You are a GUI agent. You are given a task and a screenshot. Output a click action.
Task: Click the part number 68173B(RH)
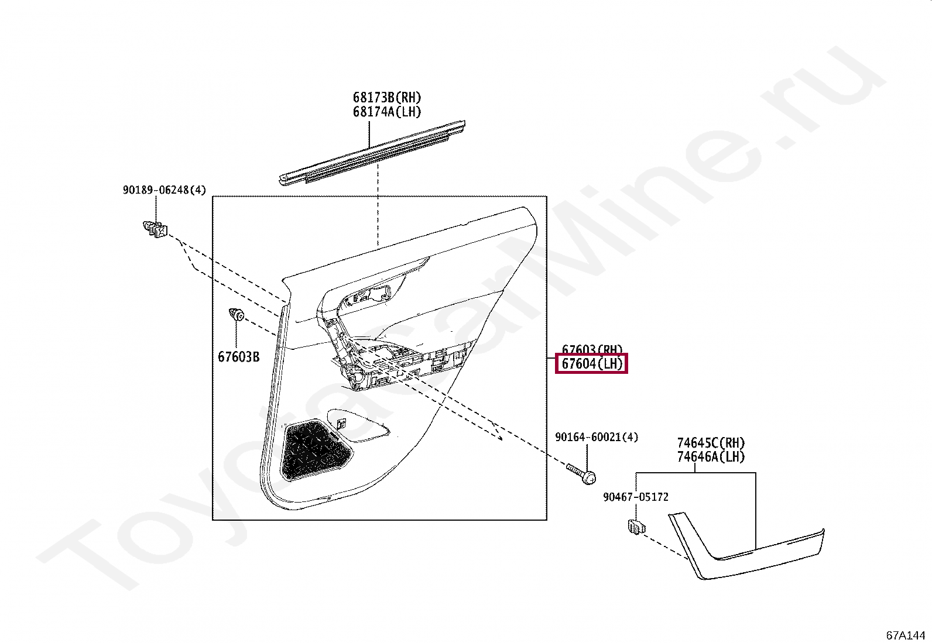[386, 98]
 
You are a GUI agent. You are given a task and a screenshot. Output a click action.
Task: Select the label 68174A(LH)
[386, 112]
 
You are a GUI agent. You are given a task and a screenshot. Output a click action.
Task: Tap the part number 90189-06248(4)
[164, 190]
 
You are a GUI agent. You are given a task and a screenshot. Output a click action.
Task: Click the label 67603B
[238, 357]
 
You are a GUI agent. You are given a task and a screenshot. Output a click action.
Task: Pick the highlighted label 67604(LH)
[591, 364]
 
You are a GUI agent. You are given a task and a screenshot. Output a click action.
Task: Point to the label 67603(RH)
[592, 350]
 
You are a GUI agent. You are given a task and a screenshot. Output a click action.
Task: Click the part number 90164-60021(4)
[596, 437]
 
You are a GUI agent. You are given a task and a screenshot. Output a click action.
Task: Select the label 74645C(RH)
[711, 443]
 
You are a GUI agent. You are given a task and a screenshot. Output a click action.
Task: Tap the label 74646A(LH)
[711, 457]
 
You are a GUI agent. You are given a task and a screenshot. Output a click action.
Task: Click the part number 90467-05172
[635, 497]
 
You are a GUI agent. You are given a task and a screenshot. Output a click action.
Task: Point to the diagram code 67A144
[905, 635]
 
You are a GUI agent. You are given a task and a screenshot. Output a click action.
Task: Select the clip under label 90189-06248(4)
[155, 229]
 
